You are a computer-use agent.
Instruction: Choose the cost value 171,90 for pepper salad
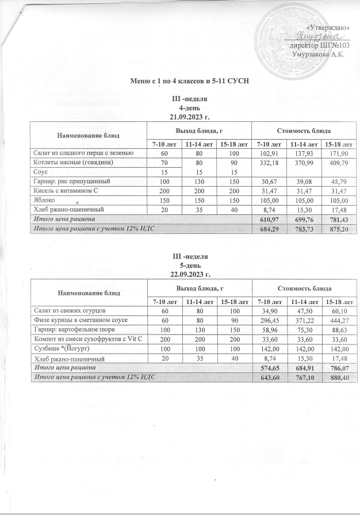(x=337, y=153)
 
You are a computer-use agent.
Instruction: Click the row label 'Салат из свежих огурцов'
(x=67, y=310)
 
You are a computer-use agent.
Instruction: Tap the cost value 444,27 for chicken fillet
(x=337, y=320)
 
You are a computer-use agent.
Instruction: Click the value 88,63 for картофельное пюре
(x=337, y=329)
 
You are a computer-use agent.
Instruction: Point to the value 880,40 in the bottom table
(x=337, y=376)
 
